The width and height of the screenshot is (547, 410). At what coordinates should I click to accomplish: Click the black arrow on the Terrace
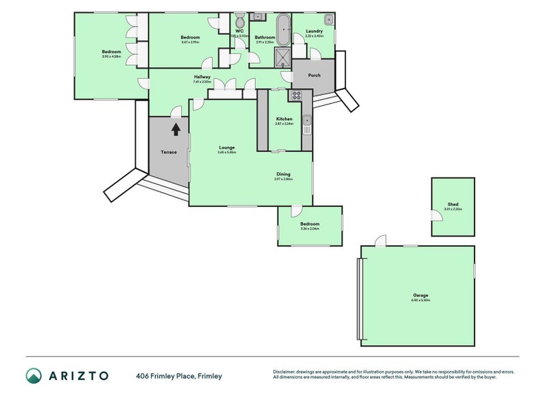click(176, 128)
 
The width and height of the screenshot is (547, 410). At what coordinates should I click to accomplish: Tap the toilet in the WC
click(239, 20)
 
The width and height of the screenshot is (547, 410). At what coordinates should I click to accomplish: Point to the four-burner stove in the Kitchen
click(297, 96)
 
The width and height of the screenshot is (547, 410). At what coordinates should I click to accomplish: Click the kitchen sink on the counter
click(308, 125)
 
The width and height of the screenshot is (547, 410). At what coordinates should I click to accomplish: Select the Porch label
click(315, 75)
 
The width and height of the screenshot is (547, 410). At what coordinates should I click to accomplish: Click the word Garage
click(420, 295)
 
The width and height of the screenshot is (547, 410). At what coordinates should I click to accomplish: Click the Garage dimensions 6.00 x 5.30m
click(420, 301)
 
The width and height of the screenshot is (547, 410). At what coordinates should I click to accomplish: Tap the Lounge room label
click(227, 147)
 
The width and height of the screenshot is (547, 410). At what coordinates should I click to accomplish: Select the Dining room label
click(283, 174)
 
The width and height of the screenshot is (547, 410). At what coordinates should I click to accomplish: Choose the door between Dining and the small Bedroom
click(295, 210)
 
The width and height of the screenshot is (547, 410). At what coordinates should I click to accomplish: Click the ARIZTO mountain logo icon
click(34, 375)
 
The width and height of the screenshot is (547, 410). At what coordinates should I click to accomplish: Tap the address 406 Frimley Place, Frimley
click(178, 376)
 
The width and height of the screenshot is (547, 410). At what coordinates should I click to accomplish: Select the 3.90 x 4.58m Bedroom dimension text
click(111, 57)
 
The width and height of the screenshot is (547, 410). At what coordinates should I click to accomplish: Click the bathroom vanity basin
click(259, 16)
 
